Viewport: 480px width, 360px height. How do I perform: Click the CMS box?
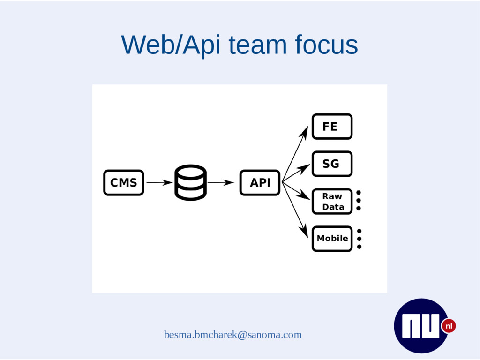coord(123,182)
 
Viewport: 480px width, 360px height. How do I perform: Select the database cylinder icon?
coord(190,182)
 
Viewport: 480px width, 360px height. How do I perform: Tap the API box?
coord(260,182)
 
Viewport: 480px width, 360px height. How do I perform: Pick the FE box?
coord(332,127)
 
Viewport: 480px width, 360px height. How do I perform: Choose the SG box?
coord(332,164)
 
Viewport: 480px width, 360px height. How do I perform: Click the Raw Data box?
coord(332,202)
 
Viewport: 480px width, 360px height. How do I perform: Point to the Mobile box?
coord(332,239)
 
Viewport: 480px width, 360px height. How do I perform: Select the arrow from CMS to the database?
coord(159,182)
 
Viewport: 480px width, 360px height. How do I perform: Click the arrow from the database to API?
coord(220,182)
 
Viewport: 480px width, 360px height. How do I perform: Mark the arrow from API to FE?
coord(295,152)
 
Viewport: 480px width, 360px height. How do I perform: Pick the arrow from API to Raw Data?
coord(296,191)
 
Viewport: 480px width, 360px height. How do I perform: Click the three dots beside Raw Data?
coord(359,200)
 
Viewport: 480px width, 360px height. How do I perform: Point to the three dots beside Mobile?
coord(359,239)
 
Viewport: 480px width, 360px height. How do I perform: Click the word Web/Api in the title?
coord(171,45)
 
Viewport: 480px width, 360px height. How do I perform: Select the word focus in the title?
coord(326,45)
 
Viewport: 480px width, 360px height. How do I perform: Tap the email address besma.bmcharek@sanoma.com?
coord(233,335)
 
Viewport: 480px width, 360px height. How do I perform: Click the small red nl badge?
coord(449,326)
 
